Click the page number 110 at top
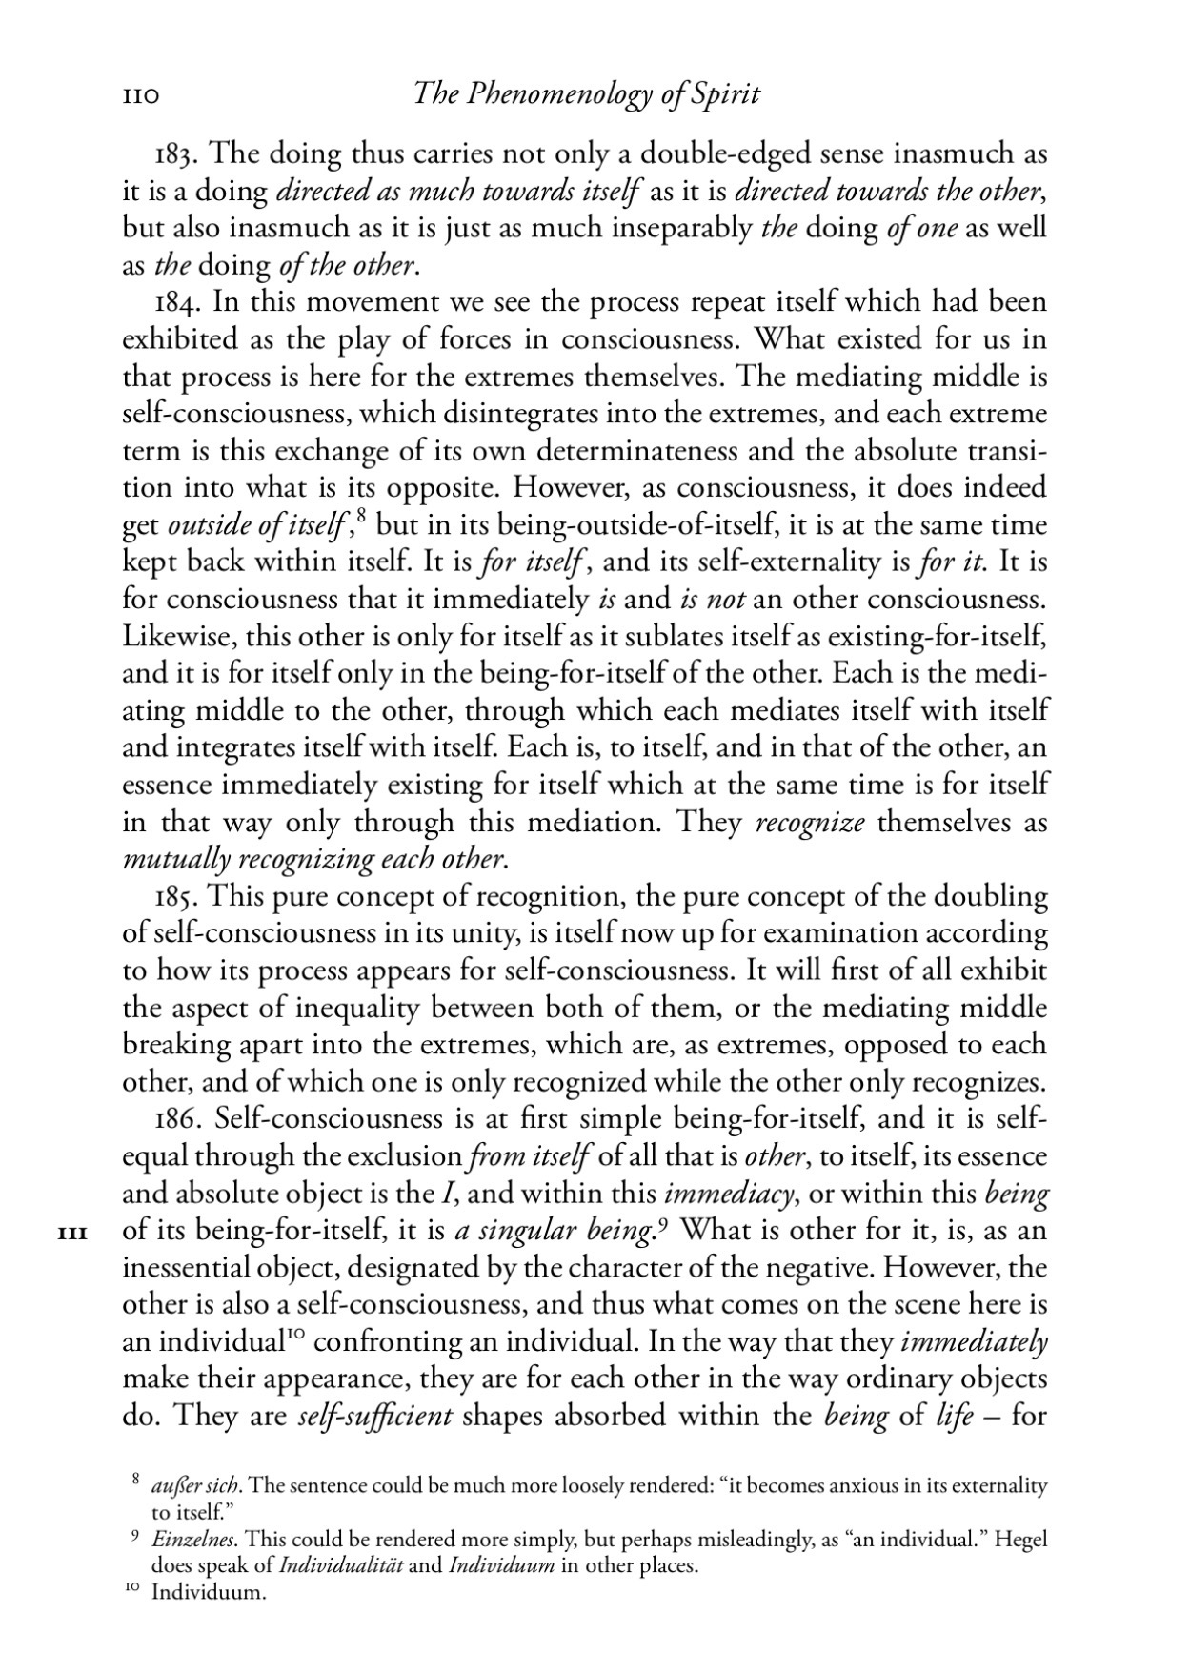pyautogui.click(x=139, y=96)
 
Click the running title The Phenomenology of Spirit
pyautogui.click(x=588, y=95)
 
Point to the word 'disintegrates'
pyautogui.click(x=509, y=414)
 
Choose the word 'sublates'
pyautogui.click(x=677, y=637)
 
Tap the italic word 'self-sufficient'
pyautogui.click(x=374, y=1417)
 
